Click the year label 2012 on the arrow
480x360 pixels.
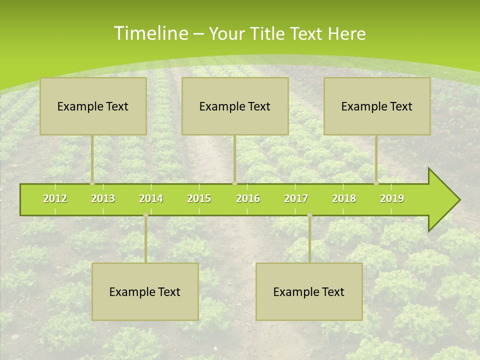(x=55, y=198)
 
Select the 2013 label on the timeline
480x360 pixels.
(x=103, y=198)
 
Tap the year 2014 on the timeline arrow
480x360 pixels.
(x=151, y=198)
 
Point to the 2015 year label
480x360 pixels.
(x=199, y=198)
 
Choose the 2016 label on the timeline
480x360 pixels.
(x=248, y=198)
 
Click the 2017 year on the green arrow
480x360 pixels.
(x=296, y=198)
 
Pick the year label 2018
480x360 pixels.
(x=344, y=198)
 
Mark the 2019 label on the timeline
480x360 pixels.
(x=392, y=198)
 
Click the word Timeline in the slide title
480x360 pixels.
(x=150, y=33)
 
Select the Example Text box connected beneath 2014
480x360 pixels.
(x=145, y=291)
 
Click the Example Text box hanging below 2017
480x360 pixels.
(x=309, y=291)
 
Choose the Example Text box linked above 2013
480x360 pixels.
(x=93, y=106)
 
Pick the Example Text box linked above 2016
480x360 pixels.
(x=235, y=106)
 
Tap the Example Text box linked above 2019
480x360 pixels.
(x=377, y=106)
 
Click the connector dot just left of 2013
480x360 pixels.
(x=92, y=183)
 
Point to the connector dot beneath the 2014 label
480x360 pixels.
(x=145, y=215)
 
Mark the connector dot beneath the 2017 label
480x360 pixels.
(x=309, y=215)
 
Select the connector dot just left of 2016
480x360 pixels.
(x=234, y=183)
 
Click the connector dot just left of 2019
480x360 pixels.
(x=376, y=183)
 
